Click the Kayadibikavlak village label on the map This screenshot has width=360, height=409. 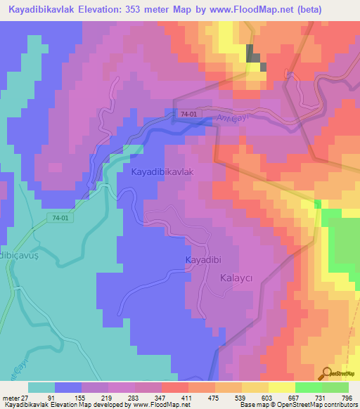point(162,171)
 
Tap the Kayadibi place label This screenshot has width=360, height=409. point(203,260)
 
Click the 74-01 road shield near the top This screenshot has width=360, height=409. point(188,114)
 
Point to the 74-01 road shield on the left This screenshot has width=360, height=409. point(60,219)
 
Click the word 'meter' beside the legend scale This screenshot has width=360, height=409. point(10,398)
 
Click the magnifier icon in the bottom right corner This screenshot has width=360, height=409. point(327,373)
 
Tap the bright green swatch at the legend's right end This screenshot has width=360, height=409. point(335,387)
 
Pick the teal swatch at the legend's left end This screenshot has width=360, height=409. point(41,387)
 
